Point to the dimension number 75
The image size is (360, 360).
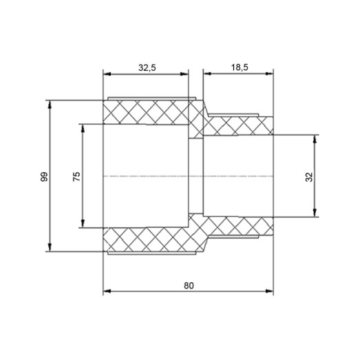(76, 176)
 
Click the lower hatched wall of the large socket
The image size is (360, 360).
(146, 240)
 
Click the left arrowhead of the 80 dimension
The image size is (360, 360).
(106, 292)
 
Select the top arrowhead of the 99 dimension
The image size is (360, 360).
(50, 103)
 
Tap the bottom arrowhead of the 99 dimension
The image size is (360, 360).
(50, 248)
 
